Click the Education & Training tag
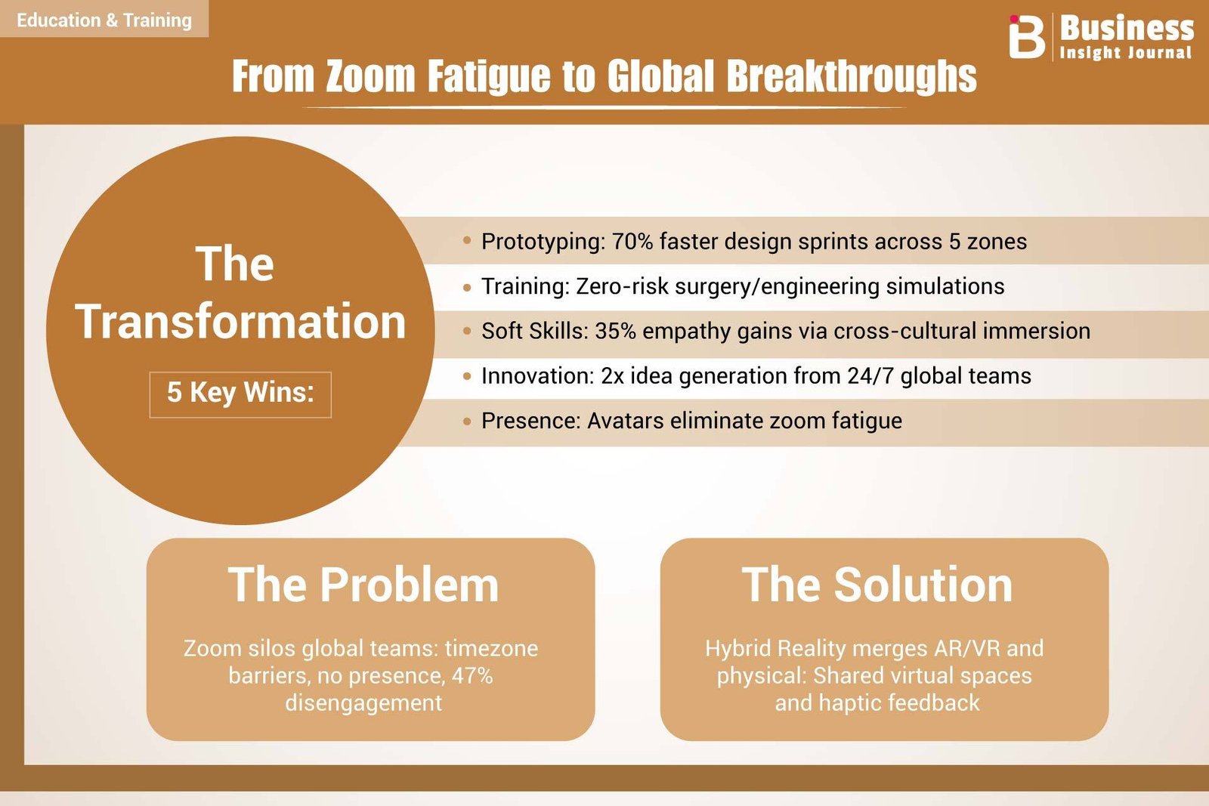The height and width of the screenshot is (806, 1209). (x=104, y=20)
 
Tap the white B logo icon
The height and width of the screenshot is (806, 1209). (x=1027, y=36)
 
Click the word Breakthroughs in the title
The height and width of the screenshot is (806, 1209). (x=851, y=76)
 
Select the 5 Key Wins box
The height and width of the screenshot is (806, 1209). (x=240, y=394)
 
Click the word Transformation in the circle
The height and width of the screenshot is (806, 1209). (x=240, y=321)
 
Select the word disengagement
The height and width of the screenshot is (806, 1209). (x=363, y=703)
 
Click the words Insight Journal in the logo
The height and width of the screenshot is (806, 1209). (x=1125, y=52)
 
